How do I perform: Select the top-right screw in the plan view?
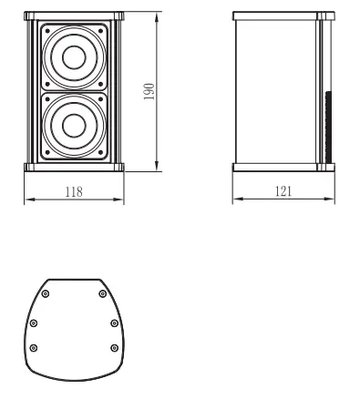pyautogui.click(x=101, y=292)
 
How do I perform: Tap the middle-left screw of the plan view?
pyautogui.click(x=35, y=322)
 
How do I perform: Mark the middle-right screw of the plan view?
pyautogui.click(x=113, y=322)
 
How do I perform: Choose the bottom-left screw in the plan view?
pyautogui.click(x=35, y=347)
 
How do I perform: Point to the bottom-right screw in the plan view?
pyautogui.click(x=113, y=347)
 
